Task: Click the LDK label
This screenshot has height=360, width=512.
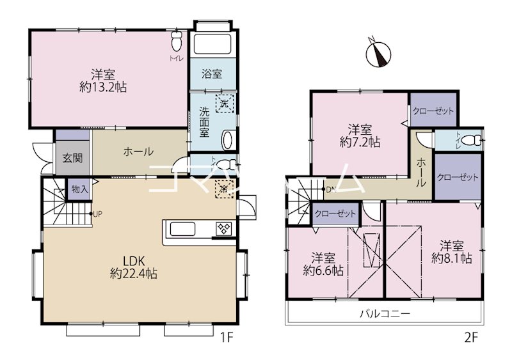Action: [x=134, y=261]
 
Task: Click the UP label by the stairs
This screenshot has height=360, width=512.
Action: [x=98, y=214]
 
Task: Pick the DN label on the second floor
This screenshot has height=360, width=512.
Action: [x=331, y=189]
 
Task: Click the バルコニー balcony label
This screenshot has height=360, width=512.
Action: [x=383, y=314]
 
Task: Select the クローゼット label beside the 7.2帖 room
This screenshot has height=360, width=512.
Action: [x=433, y=111]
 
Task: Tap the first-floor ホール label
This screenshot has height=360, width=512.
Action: [x=138, y=152]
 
